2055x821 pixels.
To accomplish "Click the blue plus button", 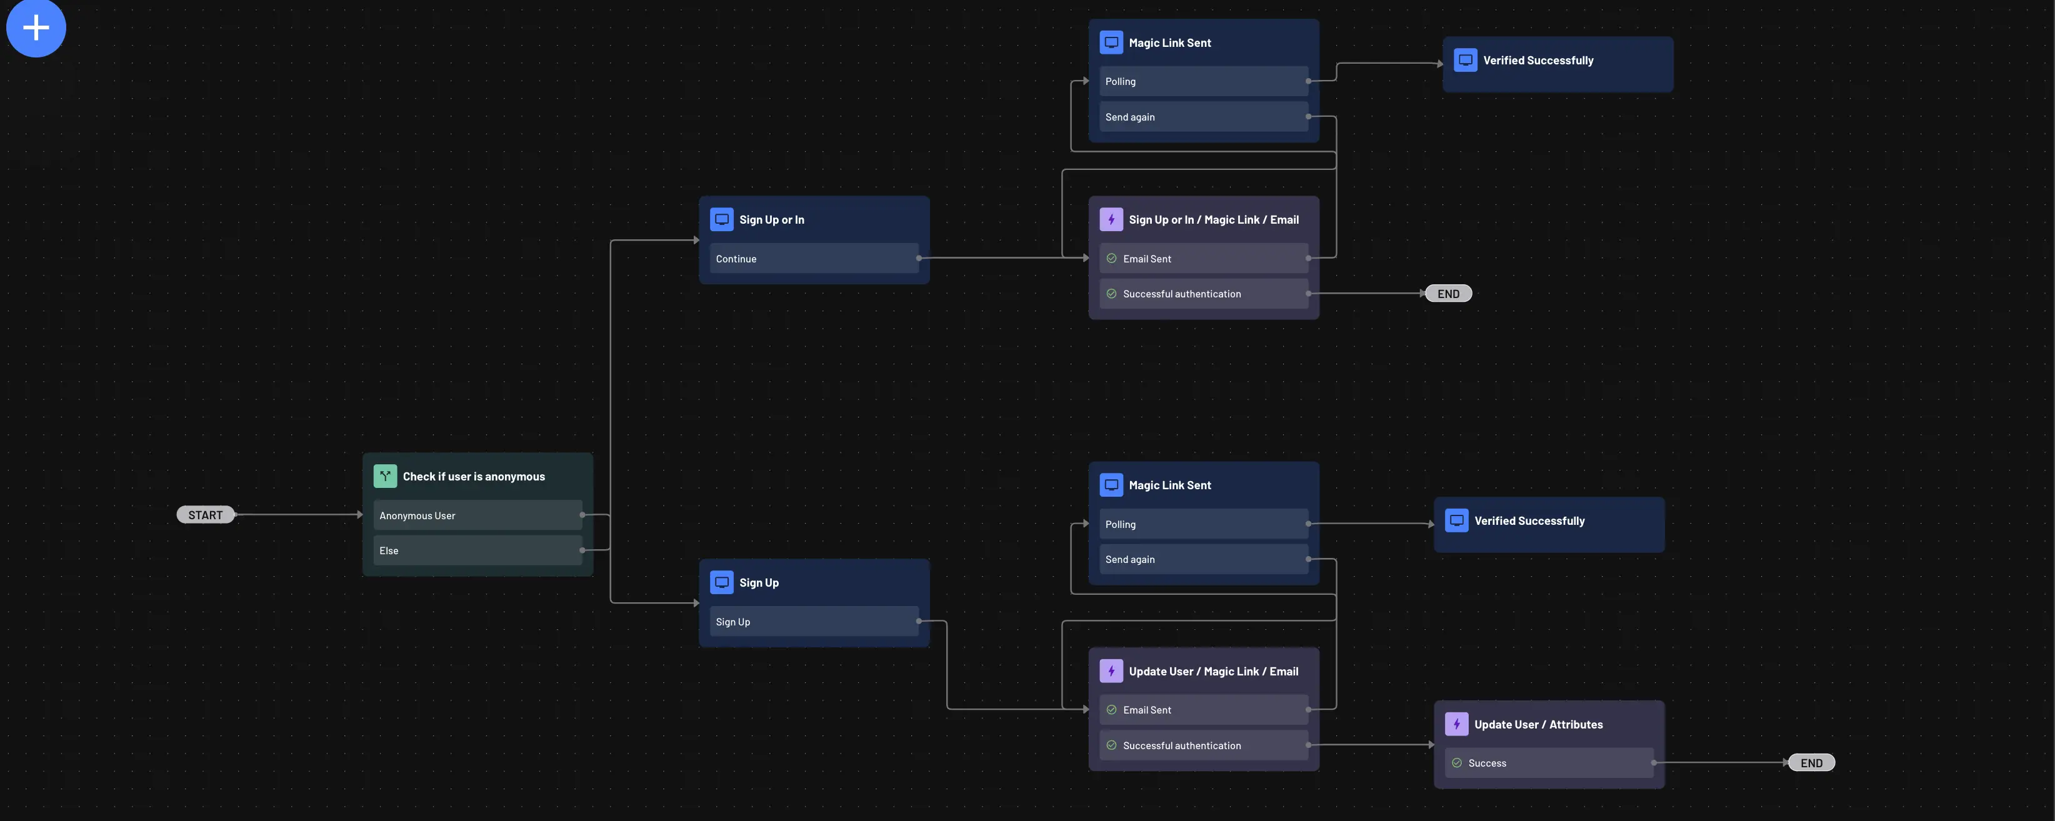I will pos(36,28).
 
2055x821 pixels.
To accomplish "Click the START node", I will pos(205,515).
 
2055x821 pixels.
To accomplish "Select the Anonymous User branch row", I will pos(477,515).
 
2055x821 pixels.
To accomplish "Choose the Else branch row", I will pos(477,550).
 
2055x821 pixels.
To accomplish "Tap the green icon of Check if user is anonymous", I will pos(384,476).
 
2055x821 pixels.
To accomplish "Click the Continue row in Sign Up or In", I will pos(813,259).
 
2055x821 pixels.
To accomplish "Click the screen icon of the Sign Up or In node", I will pos(721,219).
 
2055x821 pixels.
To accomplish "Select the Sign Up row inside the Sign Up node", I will pos(813,622).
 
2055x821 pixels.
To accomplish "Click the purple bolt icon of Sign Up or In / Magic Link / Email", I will pos(1111,219).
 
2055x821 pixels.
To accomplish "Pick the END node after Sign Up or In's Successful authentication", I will pos(1448,294).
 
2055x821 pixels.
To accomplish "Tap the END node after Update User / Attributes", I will pos(1811,763).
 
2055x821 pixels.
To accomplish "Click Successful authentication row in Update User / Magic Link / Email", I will pos(1203,745).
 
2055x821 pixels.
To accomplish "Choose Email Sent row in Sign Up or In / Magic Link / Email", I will pos(1203,259).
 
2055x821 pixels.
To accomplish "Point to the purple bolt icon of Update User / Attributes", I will pos(1456,724).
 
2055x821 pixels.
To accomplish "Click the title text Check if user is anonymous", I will pos(474,476).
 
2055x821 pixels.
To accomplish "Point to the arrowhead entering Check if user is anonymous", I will pos(360,515).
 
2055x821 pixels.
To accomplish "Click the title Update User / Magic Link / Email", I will pos(1213,672).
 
